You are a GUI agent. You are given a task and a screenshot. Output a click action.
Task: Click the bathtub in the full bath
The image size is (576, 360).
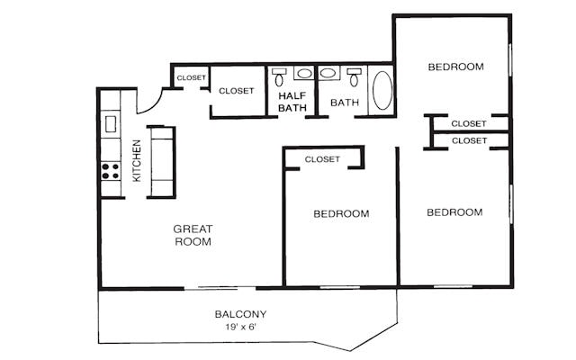pyautogui.click(x=382, y=90)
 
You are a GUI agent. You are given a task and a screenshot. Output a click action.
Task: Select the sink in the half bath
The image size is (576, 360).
pyautogui.click(x=304, y=74)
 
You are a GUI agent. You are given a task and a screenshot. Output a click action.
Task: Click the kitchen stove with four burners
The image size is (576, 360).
pyautogui.click(x=111, y=170)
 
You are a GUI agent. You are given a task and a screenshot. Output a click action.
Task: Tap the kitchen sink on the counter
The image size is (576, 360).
pyautogui.click(x=111, y=122)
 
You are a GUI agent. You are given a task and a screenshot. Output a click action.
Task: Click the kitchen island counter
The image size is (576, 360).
pyautogui.click(x=162, y=162)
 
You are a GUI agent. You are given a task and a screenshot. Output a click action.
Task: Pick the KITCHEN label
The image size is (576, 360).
pyautogui.click(x=137, y=161)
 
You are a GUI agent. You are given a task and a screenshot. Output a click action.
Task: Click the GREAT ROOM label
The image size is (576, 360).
pyautogui.click(x=193, y=235)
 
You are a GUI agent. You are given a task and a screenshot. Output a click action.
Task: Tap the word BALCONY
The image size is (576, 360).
pyautogui.click(x=240, y=314)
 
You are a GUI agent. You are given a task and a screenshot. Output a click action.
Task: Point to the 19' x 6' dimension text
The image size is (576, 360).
pyautogui.click(x=240, y=328)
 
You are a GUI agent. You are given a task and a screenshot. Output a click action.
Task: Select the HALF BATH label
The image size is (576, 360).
pyautogui.click(x=292, y=102)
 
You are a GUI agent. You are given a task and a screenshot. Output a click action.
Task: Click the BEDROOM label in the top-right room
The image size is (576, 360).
pyautogui.click(x=454, y=67)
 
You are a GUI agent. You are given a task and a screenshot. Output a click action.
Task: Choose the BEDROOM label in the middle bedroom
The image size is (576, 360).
pyautogui.click(x=341, y=213)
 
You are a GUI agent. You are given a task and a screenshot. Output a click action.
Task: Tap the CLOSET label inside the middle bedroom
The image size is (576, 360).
pyautogui.click(x=322, y=159)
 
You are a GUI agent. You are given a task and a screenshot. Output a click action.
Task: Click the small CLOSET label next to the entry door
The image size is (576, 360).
pyautogui.click(x=191, y=78)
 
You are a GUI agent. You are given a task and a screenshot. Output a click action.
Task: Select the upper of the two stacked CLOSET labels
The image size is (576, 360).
pyautogui.click(x=469, y=123)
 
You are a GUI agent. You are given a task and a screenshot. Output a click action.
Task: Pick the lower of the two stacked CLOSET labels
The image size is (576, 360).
pyautogui.click(x=469, y=140)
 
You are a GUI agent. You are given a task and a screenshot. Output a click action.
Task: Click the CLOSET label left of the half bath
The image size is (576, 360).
pyautogui.click(x=237, y=91)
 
